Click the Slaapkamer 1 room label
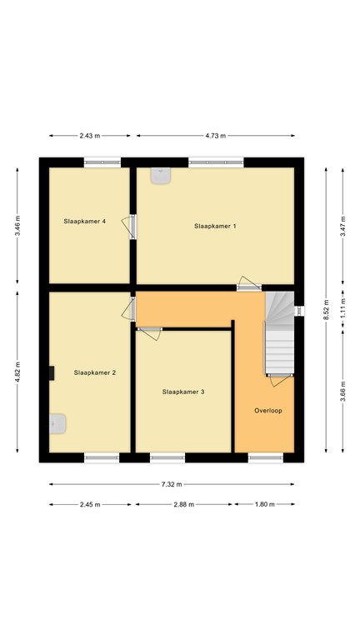coord(215,226)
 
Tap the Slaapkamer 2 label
coord(95,372)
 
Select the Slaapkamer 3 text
coord(183,392)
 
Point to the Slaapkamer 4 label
coord(85,221)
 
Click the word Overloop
coord(268,411)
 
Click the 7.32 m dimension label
coord(172,484)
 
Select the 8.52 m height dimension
coord(326,310)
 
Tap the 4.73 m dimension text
coord(216,136)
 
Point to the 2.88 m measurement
coord(183,504)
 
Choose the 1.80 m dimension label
coord(264,504)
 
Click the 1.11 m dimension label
coord(342,307)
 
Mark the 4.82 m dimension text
coord(17,372)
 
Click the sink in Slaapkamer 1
coord(161,176)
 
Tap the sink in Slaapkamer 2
coord(57,423)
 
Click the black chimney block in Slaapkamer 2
coord(52,373)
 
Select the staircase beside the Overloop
coord(280,332)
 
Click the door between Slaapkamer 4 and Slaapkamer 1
coord(130,227)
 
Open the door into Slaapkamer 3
coord(149,332)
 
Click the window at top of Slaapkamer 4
coord(102,162)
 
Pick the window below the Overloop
coord(266,457)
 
